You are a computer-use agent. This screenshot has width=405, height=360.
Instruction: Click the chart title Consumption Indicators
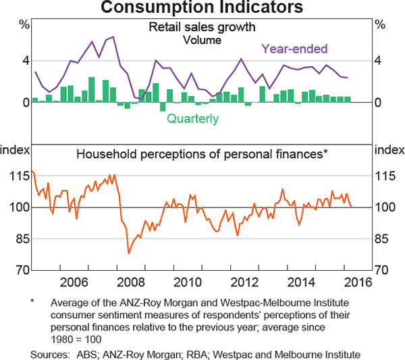click(x=202, y=9)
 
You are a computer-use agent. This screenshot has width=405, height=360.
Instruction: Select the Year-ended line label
click(x=294, y=49)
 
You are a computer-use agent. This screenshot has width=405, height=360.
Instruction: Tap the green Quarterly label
click(x=192, y=119)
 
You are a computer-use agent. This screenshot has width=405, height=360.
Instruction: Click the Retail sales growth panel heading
click(x=202, y=28)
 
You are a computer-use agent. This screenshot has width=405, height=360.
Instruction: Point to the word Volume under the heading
click(x=202, y=40)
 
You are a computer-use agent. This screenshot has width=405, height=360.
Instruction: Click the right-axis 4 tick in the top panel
click(x=379, y=61)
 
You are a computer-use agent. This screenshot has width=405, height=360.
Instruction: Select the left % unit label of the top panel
click(x=24, y=24)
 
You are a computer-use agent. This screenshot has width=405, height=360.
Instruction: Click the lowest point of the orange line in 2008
click(x=128, y=254)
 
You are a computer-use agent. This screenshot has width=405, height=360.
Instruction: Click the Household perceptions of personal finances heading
click(x=202, y=154)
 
